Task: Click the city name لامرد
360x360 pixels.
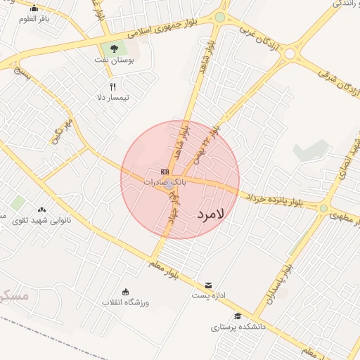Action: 210,213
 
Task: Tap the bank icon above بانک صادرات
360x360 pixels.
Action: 165,172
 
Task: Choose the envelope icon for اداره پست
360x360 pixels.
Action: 208,285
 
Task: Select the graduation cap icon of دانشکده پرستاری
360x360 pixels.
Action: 238,316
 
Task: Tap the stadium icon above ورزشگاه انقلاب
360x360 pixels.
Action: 126,292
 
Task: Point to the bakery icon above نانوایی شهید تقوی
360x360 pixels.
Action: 41,210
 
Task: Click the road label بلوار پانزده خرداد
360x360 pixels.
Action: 276,198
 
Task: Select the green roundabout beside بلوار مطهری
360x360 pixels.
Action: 323,208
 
